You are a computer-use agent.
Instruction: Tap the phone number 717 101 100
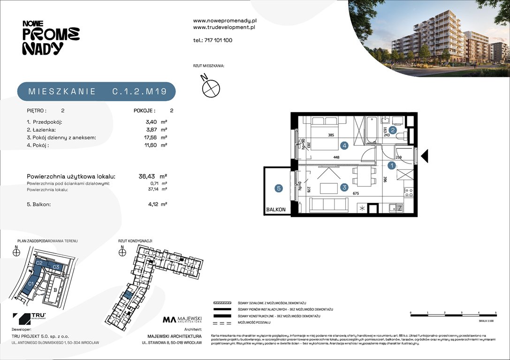(213, 40)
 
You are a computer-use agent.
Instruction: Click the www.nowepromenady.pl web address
(224, 21)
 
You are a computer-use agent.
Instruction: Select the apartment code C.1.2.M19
(139, 91)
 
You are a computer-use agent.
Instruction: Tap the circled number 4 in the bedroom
(344, 146)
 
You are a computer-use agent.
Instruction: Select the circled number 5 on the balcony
(279, 188)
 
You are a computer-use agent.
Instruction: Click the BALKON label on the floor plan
(275, 210)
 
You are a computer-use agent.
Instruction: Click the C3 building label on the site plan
(56, 267)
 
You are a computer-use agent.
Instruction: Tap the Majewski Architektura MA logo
(182, 320)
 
